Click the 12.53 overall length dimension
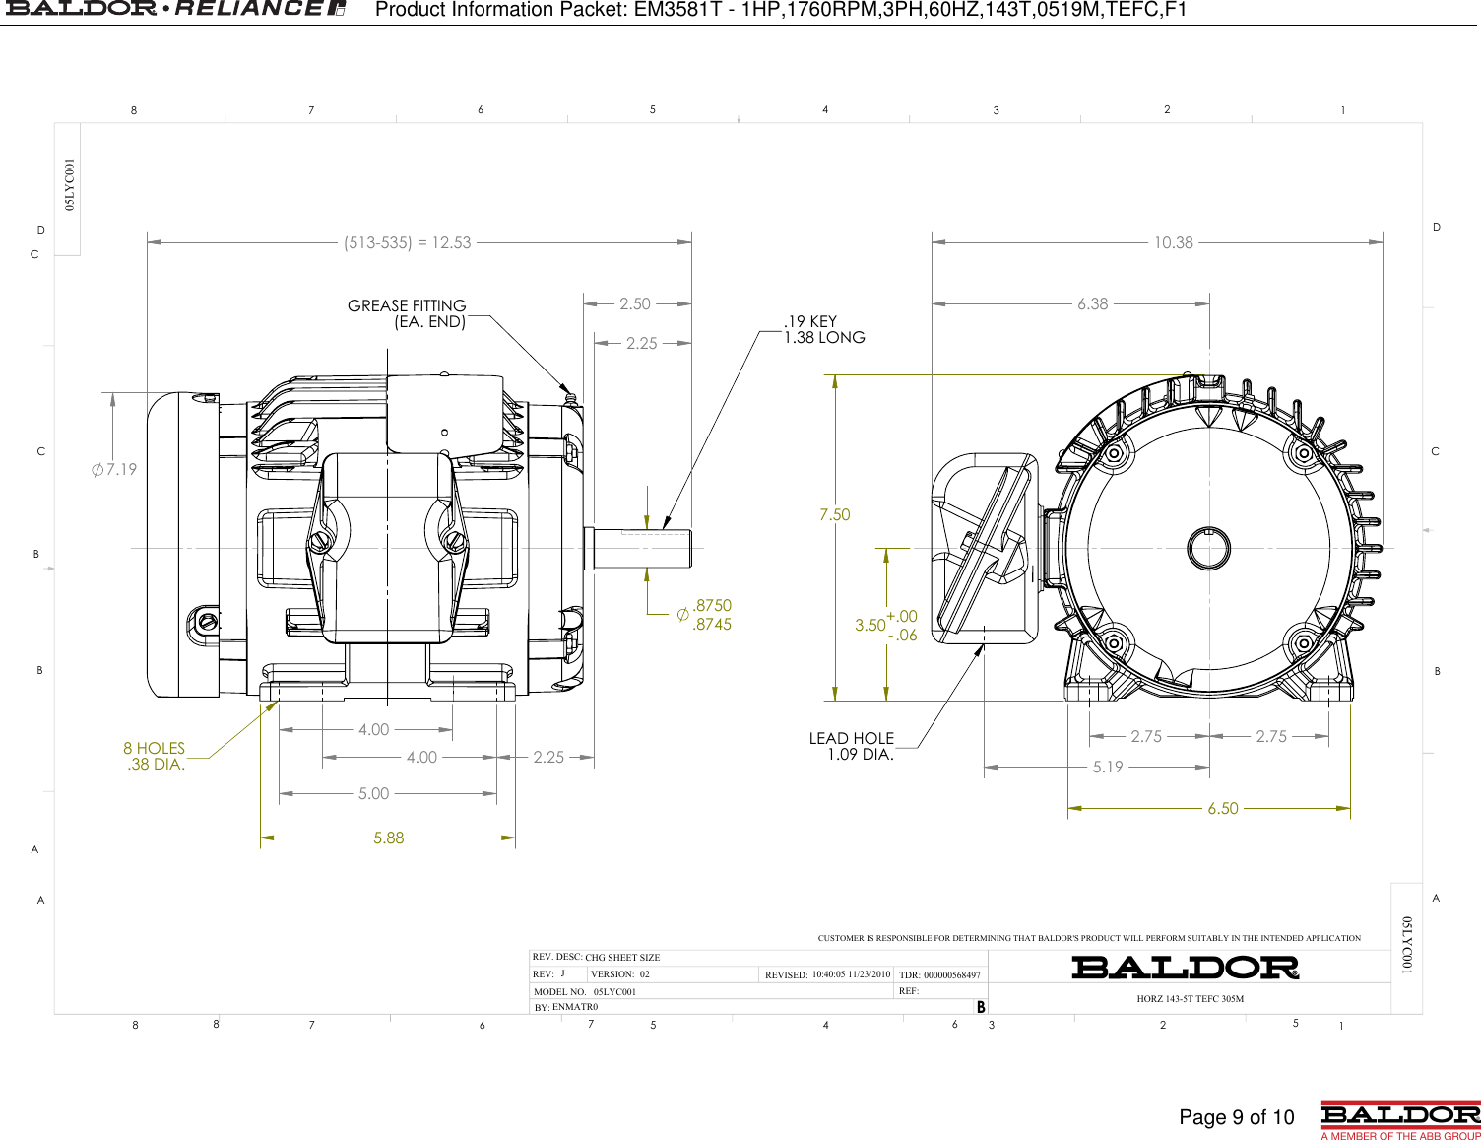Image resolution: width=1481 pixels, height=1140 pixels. (x=408, y=243)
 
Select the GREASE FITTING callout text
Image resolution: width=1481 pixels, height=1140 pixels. (x=407, y=313)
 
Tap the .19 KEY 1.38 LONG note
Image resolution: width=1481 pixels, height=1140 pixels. (x=823, y=329)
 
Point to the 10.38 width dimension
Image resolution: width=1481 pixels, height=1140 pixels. (x=1173, y=243)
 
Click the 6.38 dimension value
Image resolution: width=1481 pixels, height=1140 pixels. (x=1092, y=304)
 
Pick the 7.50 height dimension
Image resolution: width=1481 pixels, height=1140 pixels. (x=834, y=514)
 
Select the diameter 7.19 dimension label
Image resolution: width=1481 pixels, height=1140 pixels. (x=114, y=470)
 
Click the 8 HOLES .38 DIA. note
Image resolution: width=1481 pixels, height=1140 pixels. (x=155, y=757)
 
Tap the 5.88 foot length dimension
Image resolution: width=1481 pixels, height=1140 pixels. (x=388, y=838)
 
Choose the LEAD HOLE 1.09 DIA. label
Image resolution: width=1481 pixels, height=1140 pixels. (x=852, y=747)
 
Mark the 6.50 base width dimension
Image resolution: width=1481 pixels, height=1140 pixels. (x=1222, y=809)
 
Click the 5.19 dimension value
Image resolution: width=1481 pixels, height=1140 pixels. (x=1108, y=767)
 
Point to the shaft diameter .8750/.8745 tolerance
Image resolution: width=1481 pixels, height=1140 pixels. (x=705, y=615)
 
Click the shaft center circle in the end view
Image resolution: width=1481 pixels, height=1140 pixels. (x=1208, y=549)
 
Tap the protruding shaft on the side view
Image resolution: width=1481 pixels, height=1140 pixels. (x=640, y=548)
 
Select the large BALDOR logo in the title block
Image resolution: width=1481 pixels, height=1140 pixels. (x=1185, y=968)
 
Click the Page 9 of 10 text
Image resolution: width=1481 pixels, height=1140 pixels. (x=1236, y=1117)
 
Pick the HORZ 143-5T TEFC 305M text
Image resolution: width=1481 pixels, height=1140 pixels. (x=1190, y=999)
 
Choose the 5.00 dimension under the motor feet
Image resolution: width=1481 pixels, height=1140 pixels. (x=373, y=794)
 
